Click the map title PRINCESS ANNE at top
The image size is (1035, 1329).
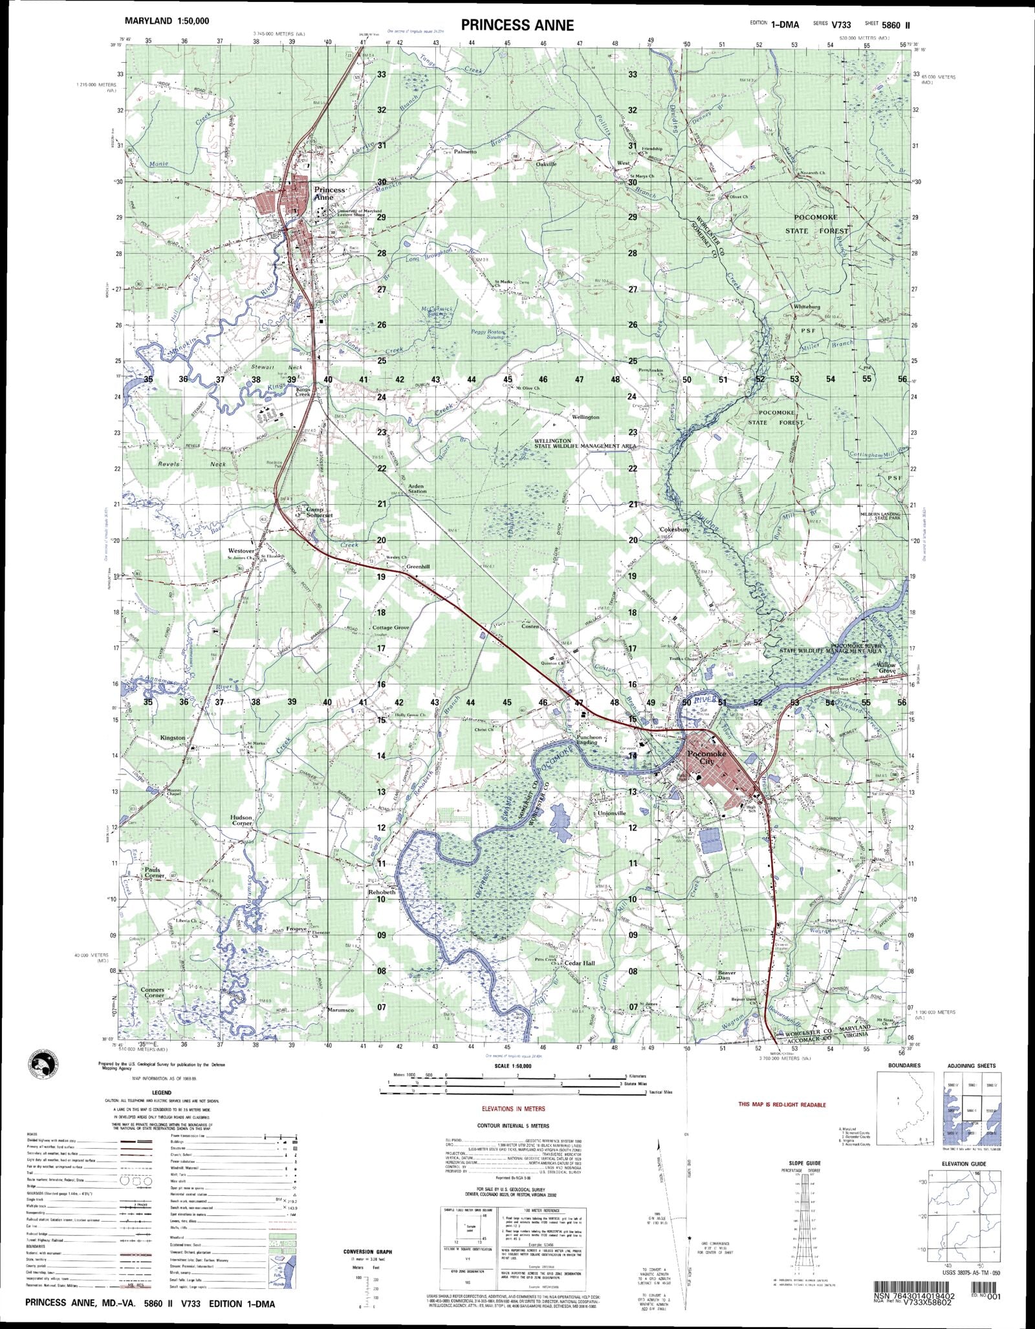point(517,25)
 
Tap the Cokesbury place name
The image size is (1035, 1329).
point(675,529)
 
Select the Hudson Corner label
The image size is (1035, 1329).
point(241,820)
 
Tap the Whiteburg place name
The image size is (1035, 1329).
point(807,306)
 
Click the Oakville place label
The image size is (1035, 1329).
point(546,164)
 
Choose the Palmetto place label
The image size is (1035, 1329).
point(465,151)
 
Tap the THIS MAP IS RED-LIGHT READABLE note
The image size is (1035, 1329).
point(782,1105)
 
